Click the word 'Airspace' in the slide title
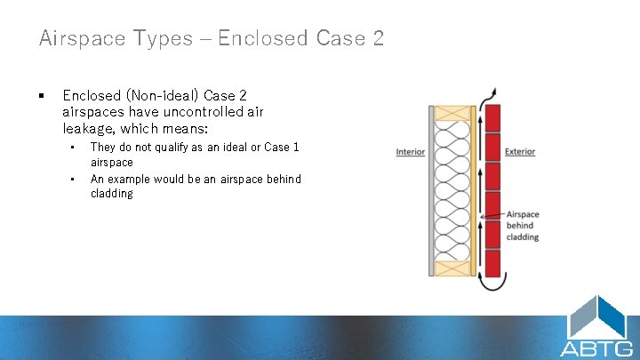pyautogui.click(x=76, y=38)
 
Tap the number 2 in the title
pyautogui.click(x=378, y=38)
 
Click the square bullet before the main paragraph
pyautogui.click(x=41, y=95)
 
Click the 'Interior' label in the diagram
pyautogui.click(x=410, y=152)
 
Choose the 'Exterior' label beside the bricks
pyautogui.click(x=520, y=152)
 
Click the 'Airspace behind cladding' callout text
pyautogui.click(x=523, y=226)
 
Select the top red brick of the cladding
pyautogui.click(x=492, y=116)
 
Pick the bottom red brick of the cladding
pyautogui.click(x=492, y=262)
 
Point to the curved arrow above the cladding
pyautogui.click(x=488, y=96)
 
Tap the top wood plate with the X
pyautogui.click(x=453, y=112)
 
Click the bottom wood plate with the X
pyautogui.click(x=453, y=269)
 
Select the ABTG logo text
pyautogui.click(x=596, y=348)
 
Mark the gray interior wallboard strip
pyautogui.click(x=431, y=191)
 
